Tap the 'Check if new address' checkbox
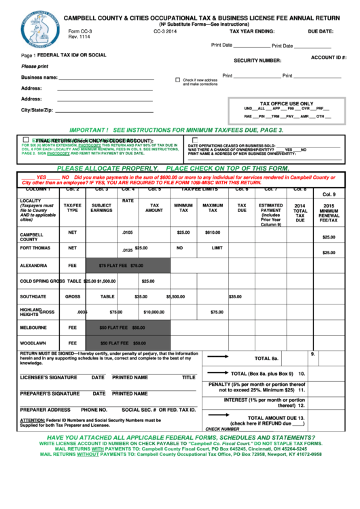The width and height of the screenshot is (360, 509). pyautogui.click(x=178, y=80)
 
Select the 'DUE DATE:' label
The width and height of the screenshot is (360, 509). pyautogui.click(x=321, y=31)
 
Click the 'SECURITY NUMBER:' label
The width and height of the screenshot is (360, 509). pyautogui.click(x=257, y=60)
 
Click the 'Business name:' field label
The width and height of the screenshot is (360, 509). pyautogui.click(x=39, y=77)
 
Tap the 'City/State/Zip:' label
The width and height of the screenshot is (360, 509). pyautogui.click(x=37, y=110)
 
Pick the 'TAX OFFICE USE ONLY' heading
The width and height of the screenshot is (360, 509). pyautogui.click(x=287, y=103)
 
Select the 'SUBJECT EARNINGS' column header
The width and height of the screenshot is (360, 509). pyautogui.click(x=101, y=208)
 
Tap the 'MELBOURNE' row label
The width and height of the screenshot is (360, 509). pyautogui.click(x=33, y=328)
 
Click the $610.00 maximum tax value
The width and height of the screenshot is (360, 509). pyautogui.click(x=213, y=232)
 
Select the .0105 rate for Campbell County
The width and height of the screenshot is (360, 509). pyautogui.click(x=127, y=232)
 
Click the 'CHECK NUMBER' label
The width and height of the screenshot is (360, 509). pyautogui.click(x=222, y=429)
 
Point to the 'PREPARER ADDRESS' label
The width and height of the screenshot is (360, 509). pyautogui.click(x=45, y=410)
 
